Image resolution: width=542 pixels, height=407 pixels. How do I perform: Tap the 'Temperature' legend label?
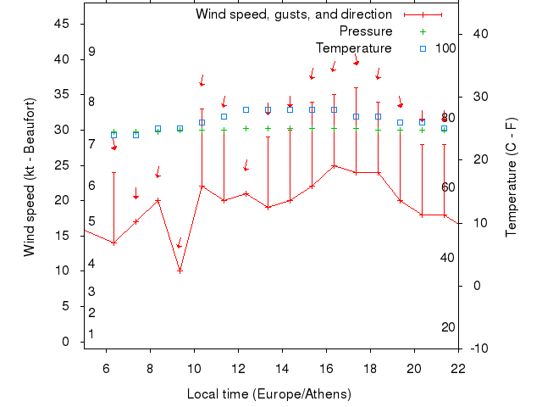(x=353, y=48)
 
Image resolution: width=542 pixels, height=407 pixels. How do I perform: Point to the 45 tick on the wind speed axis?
(x=61, y=24)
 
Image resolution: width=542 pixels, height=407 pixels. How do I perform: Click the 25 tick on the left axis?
(x=61, y=164)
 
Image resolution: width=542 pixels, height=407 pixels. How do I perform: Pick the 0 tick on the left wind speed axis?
(x=66, y=342)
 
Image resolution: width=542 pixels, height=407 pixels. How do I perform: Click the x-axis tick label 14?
(x=282, y=368)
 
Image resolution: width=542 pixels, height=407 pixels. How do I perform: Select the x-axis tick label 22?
(x=458, y=368)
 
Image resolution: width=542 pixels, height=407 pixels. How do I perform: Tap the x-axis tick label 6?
(x=106, y=368)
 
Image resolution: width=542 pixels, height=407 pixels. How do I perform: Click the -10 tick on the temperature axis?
(x=478, y=348)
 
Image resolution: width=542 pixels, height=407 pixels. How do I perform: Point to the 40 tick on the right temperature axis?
(x=477, y=34)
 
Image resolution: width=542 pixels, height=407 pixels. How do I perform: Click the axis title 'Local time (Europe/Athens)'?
(x=268, y=394)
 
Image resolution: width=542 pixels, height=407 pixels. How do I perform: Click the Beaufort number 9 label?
(x=91, y=52)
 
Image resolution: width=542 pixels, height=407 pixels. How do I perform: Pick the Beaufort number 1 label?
(x=91, y=334)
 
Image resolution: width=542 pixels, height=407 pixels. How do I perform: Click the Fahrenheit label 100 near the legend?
(x=445, y=48)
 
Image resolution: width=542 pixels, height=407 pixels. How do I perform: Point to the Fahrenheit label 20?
(x=449, y=327)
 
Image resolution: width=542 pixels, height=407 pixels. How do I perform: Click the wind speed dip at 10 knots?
(x=180, y=270)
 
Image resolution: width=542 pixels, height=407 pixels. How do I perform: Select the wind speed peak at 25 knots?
(x=334, y=165)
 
